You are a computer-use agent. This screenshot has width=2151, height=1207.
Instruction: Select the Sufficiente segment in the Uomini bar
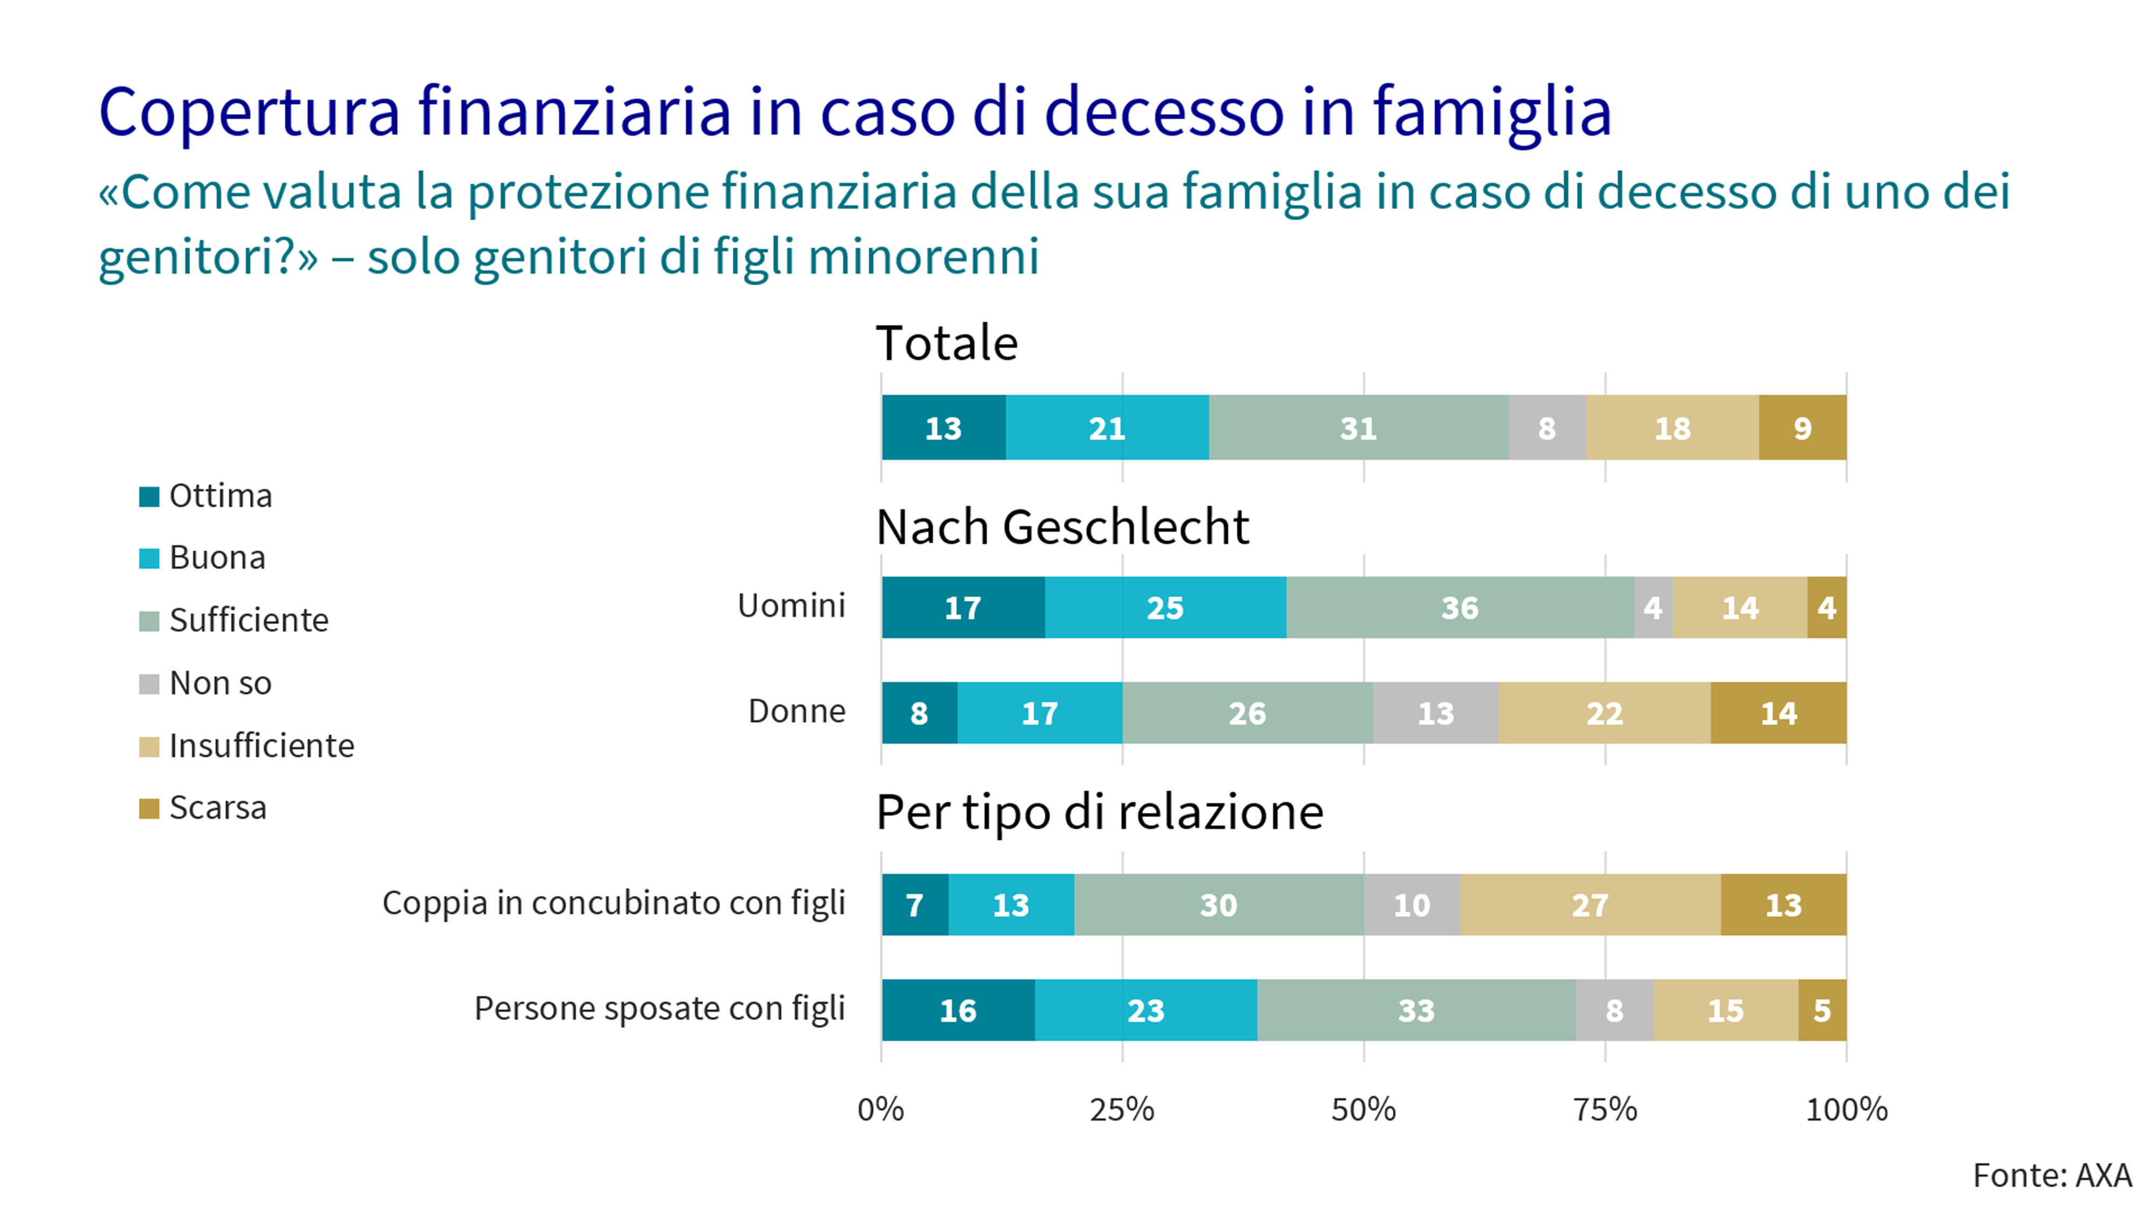click(1459, 608)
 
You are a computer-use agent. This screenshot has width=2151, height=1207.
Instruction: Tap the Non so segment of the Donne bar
click(1435, 713)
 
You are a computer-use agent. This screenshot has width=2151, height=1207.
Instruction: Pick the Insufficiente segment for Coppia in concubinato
click(1590, 905)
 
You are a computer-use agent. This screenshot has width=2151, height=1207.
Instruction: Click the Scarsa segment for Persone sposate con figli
click(1822, 1010)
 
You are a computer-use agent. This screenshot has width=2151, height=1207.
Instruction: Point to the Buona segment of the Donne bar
click(1039, 713)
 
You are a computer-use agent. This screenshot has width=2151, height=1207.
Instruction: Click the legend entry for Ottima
click(220, 496)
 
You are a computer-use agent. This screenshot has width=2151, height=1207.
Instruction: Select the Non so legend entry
click(220, 683)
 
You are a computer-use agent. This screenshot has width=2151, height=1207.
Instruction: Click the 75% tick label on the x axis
click(1605, 1109)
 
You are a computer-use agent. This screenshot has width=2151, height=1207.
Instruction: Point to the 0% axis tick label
click(881, 1109)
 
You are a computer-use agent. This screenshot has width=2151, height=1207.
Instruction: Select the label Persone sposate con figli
click(660, 1008)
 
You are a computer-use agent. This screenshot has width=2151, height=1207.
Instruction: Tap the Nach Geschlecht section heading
click(1062, 528)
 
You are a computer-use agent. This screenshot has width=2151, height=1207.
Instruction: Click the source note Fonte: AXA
click(2052, 1175)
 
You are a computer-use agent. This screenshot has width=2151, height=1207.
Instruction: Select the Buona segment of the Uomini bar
click(1165, 608)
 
